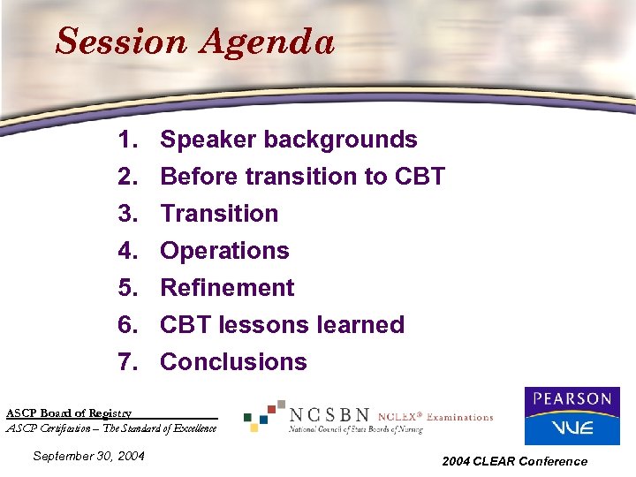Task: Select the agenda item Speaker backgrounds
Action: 288,140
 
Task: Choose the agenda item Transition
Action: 219,214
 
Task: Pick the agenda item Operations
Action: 224,251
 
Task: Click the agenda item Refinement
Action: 227,288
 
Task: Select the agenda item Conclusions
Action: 233,362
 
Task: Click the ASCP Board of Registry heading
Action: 69,413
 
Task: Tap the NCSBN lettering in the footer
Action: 329,415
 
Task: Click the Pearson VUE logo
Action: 572,416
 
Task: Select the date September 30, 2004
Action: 88,456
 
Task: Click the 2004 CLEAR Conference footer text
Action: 515,461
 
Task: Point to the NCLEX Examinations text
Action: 435,417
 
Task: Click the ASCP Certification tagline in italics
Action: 111,428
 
